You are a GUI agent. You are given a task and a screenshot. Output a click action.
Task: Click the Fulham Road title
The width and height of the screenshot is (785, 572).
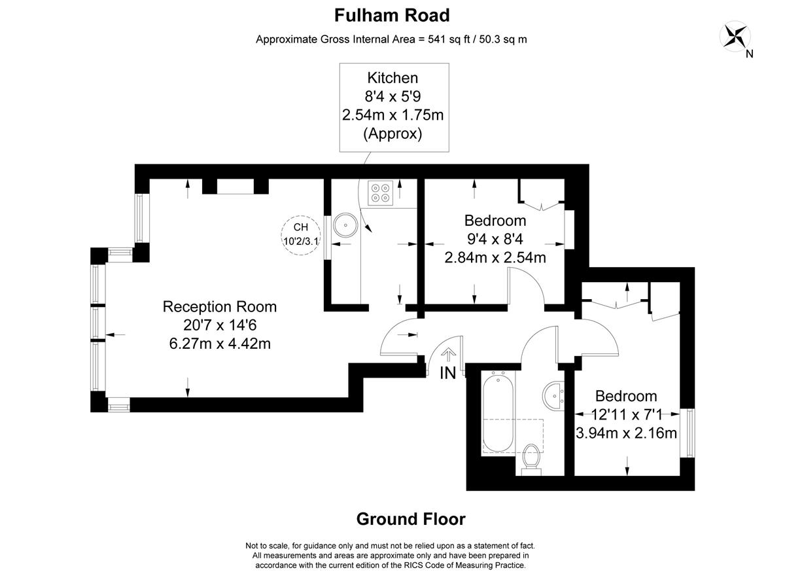tap(392, 16)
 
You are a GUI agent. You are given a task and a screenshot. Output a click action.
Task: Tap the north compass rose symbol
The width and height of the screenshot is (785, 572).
tap(735, 36)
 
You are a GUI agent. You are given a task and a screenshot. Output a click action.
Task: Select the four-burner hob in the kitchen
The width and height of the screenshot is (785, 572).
tap(380, 193)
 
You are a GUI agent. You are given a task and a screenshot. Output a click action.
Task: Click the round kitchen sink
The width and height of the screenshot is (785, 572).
tap(345, 225)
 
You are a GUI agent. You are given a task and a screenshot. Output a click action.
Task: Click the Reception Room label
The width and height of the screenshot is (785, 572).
tap(220, 307)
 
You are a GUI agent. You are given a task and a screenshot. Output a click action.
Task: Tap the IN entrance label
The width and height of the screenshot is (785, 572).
tap(448, 373)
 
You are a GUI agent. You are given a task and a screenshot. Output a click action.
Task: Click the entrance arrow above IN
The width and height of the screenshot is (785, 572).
tap(448, 355)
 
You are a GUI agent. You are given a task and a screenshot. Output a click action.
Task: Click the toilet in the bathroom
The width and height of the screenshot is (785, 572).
tap(531, 459)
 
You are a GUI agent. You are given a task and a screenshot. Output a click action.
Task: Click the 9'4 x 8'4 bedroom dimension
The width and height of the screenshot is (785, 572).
tap(495, 239)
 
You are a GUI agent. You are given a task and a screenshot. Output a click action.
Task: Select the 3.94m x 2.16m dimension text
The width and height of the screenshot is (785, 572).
tap(626, 433)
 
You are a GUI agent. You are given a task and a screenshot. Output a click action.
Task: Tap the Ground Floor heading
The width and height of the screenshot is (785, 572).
tap(411, 519)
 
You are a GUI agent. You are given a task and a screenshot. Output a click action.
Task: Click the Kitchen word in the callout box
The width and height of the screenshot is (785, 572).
tap(392, 78)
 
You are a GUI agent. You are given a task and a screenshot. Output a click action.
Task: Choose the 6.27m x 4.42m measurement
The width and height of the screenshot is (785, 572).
tap(220, 344)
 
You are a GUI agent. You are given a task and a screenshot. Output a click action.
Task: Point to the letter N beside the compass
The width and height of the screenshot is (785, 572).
tap(749, 54)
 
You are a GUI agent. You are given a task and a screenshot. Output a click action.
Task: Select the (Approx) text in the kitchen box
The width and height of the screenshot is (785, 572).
tap(393, 134)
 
